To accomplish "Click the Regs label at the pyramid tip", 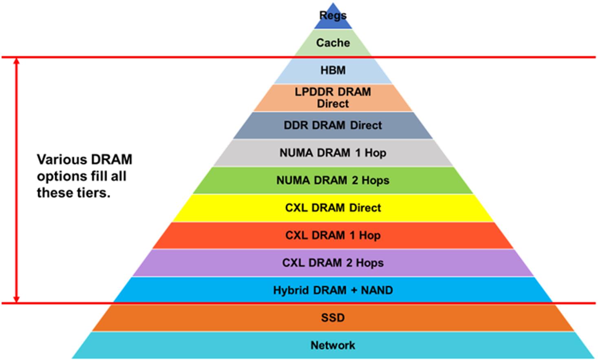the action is (333, 15).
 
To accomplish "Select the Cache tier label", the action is (333, 43).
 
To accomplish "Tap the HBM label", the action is (333, 70).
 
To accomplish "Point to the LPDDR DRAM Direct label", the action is (333, 98).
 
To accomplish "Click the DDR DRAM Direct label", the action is (333, 125).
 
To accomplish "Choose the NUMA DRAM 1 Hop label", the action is (333, 153).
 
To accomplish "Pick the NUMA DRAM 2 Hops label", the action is (333, 180).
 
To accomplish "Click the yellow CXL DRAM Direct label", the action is (333, 208).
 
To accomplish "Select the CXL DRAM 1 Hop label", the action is (333, 235).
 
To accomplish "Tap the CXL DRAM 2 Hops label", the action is (333, 263).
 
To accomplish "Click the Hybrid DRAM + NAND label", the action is (333, 290).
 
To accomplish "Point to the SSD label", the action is (333, 318).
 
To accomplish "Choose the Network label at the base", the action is (333, 345).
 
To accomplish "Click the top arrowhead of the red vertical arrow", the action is (16, 61).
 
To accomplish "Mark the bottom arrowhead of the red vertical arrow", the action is (16, 299).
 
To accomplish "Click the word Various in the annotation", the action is (62, 160).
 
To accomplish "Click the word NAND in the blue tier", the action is (377, 290).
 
